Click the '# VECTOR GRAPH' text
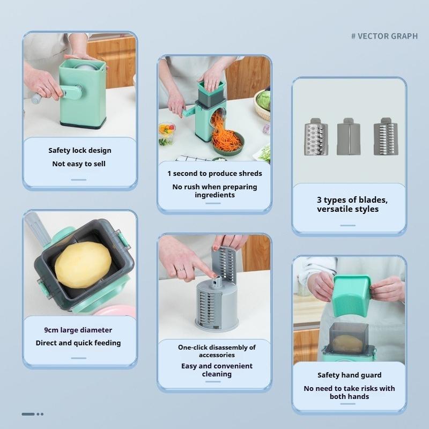coord(384,36)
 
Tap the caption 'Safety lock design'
coord(80,151)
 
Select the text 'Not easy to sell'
coord(79,164)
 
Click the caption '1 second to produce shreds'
coord(214,173)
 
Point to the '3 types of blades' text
coord(352,199)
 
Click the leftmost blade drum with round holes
coord(315,137)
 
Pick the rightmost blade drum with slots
coord(385,137)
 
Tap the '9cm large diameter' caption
coord(78,330)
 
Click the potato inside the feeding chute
coord(83,264)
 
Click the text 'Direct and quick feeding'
coord(78,343)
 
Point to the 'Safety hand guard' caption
coord(349,375)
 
